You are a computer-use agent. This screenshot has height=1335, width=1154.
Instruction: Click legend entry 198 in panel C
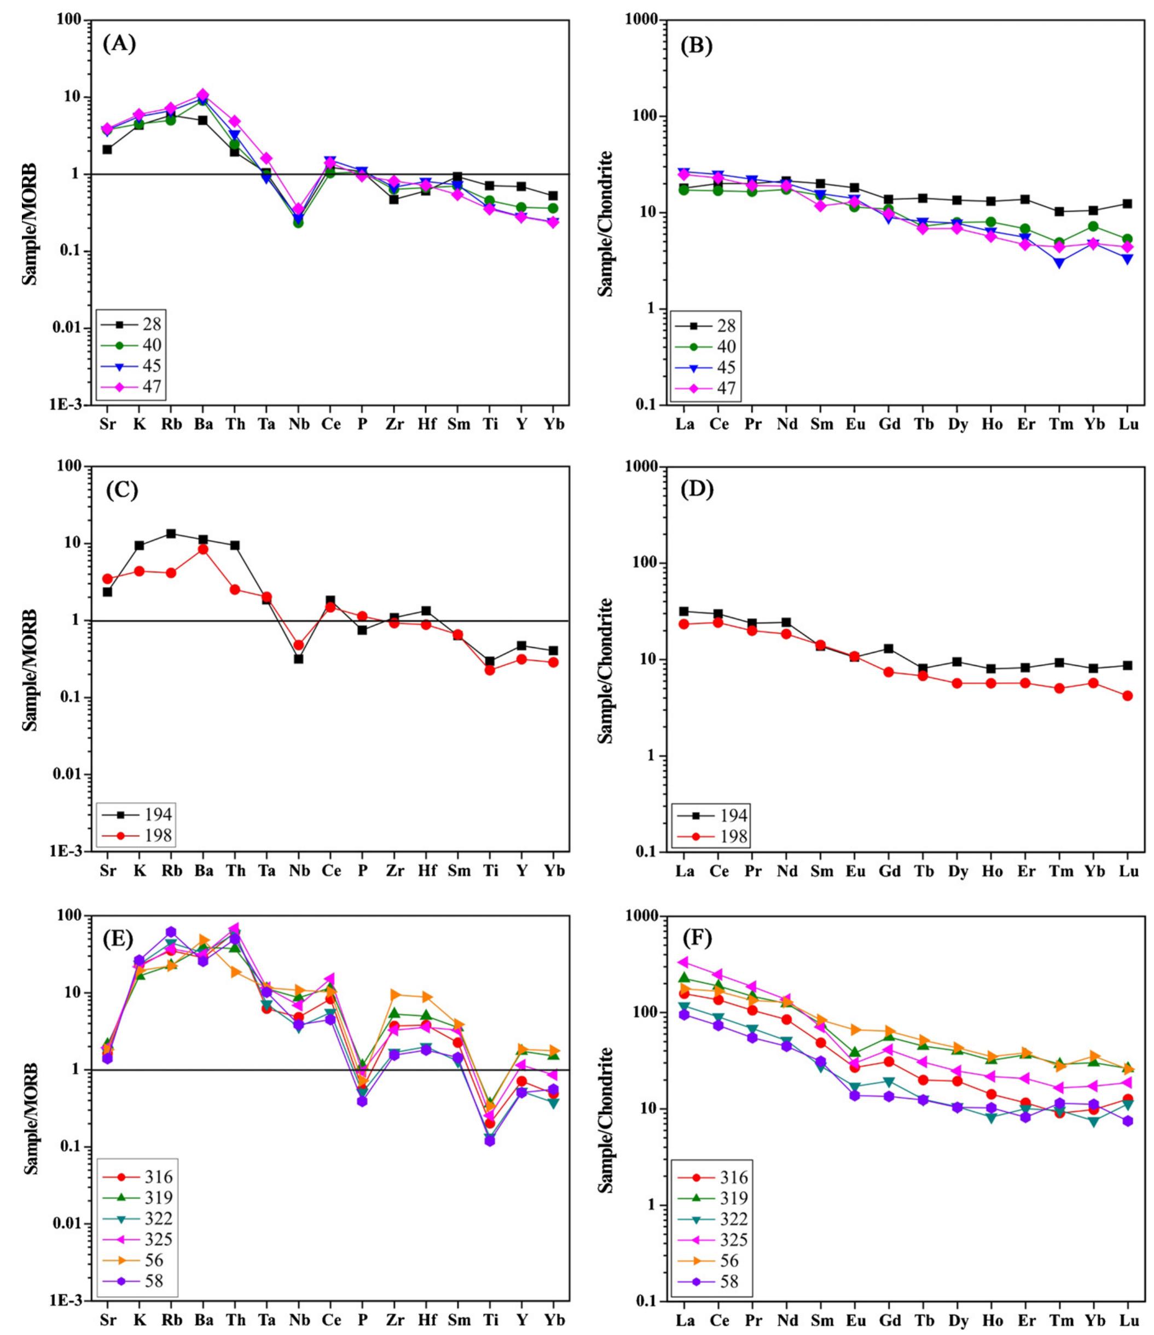(x=159, y=835)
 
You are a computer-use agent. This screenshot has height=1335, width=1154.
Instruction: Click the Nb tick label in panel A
(x=299, y=425)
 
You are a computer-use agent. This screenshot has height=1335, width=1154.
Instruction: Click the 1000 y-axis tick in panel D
(x=647, y=467)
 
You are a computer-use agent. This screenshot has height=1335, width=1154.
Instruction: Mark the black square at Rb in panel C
(x=171, y=533)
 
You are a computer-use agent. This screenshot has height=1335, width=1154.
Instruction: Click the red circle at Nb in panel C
(x=298, y=645)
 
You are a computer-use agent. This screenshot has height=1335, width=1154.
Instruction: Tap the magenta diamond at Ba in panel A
(x=203, y=95)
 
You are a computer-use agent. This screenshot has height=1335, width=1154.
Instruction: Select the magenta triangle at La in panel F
(x=685, y=962)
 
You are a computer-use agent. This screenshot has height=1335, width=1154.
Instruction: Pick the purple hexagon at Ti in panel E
(x=490, y=1140)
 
